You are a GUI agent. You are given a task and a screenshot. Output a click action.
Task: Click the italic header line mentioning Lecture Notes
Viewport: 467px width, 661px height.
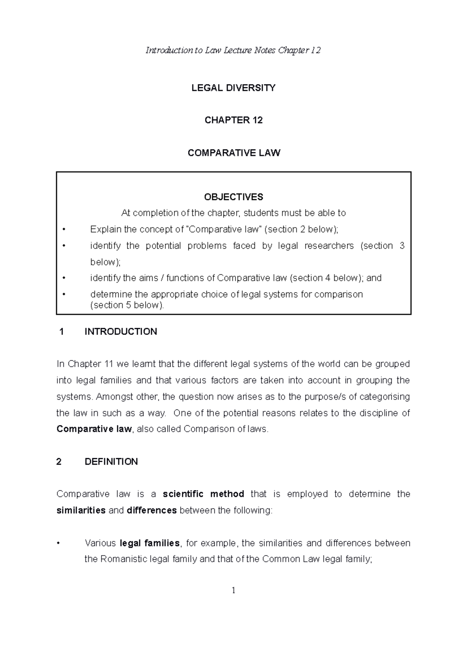pos(233,50)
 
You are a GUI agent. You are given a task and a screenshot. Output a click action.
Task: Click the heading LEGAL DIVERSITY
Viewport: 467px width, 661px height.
pos(233,88)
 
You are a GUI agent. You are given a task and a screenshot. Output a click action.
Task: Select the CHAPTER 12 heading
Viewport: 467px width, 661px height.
pos(233,120)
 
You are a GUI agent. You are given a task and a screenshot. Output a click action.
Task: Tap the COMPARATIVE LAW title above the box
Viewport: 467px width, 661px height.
pos(233,153)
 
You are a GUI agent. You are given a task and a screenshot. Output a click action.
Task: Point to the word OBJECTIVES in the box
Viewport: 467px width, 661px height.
pos(233,197)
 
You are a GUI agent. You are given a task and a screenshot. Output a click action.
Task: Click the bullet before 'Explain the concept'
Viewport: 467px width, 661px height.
pos(63,230)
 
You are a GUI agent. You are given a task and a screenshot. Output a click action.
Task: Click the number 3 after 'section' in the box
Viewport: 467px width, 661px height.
pos(402,246)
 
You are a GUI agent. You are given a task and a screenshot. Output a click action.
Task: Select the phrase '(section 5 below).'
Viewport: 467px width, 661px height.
pos(127,305)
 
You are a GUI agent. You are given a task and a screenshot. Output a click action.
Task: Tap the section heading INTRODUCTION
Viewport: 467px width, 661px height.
pos(121,332)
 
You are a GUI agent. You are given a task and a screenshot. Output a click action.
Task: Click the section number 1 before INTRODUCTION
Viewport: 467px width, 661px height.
pos(61,332)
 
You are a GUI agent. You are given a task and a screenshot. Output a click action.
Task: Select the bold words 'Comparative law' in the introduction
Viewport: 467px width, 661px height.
pos(94,429)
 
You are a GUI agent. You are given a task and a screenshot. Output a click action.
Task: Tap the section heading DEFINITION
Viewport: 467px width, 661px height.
pos(111,462)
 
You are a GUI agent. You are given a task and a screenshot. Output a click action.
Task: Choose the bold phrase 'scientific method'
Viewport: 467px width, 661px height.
pos(203,494)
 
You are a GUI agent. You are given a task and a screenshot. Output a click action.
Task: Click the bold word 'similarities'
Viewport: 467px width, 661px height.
pos(81,510)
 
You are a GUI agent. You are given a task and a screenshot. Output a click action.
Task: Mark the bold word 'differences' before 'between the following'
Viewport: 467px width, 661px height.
pos(152,510)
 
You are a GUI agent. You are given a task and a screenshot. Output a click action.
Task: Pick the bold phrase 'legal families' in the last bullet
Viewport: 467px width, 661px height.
pos(150,543)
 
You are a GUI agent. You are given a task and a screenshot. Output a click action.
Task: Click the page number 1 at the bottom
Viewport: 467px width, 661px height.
pos(233,591)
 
